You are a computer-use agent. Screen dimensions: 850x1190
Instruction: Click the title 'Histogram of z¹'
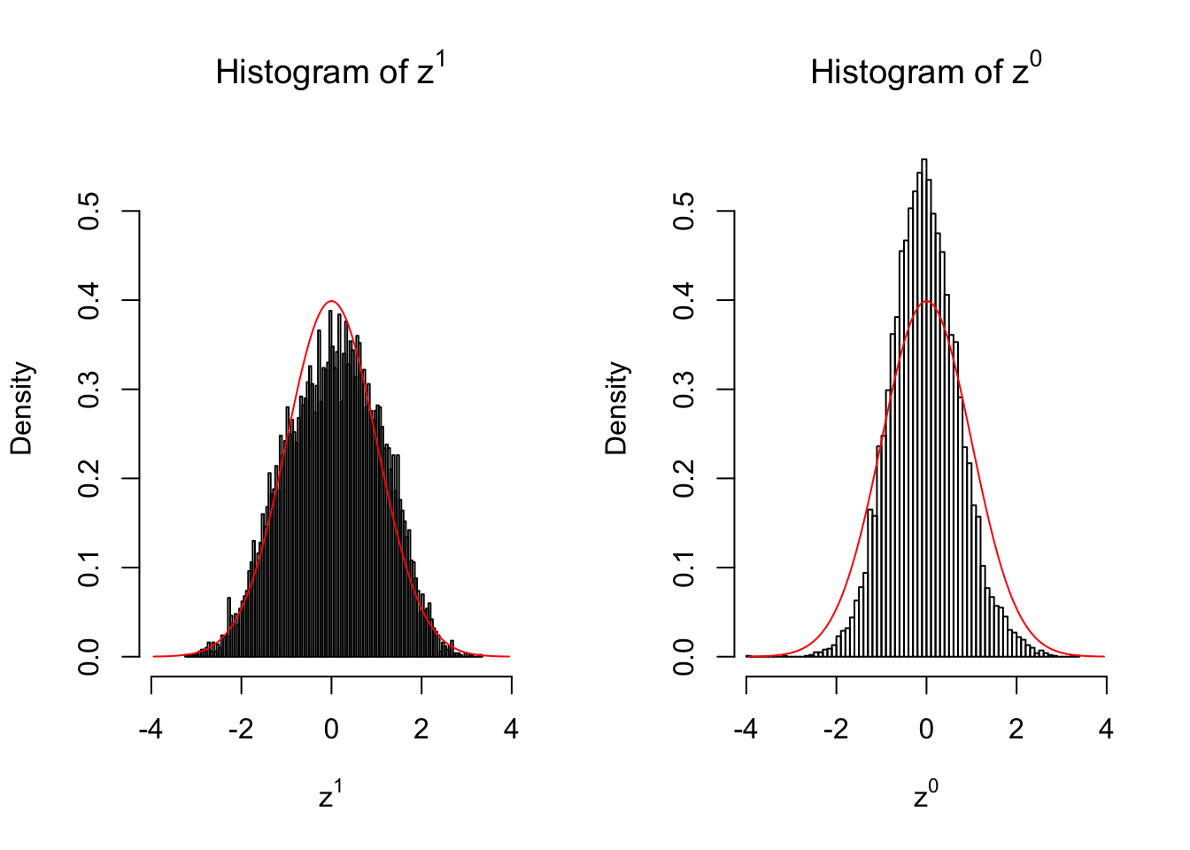[329, 71]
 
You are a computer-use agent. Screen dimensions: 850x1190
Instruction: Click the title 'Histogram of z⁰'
[925, 71]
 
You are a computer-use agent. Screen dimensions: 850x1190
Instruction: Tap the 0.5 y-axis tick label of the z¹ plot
[89, 212]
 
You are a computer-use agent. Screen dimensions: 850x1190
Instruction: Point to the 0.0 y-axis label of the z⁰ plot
[684, 657]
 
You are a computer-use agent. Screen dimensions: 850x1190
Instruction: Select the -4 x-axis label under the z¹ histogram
[151, 730]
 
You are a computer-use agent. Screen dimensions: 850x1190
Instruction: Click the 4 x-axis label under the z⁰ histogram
[1106, 730]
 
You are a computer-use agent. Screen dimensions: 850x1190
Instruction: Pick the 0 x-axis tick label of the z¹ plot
[331, 730]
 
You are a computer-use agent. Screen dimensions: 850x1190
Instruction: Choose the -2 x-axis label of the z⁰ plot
[836, 730]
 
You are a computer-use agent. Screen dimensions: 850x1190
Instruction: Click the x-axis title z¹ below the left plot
[330, 796]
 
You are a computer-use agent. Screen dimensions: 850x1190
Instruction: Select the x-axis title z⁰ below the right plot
[925, 796]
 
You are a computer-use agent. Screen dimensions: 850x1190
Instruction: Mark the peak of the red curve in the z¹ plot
[331, 301]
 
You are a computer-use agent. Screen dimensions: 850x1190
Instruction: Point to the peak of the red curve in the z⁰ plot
[926, 301]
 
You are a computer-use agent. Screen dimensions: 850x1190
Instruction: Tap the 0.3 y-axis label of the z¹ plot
[89, 390]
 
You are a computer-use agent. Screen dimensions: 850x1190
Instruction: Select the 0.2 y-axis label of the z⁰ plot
[684, 479]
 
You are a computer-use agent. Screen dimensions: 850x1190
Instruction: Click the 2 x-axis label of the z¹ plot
[421, 730]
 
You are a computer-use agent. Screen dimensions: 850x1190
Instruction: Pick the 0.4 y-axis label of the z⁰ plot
[684, 301]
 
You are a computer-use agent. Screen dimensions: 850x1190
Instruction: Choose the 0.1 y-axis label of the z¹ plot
[89, 568]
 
